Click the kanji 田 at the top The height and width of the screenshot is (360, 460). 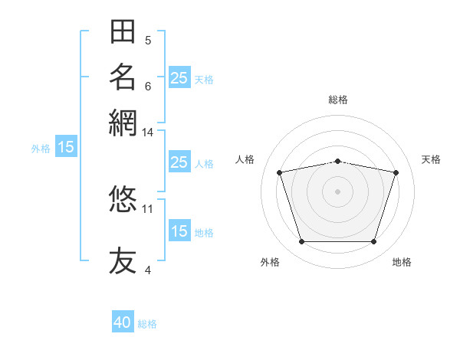point(123,31)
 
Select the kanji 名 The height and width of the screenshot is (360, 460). point(123,77)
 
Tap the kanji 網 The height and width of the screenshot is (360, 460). point(123,123)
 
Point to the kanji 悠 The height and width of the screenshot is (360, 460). point(123,198)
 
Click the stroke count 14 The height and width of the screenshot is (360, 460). point(147,133)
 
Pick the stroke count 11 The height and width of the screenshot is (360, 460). point(147,209)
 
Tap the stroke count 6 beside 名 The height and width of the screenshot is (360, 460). point(148,87)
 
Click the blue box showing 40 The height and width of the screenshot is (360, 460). point(123,321)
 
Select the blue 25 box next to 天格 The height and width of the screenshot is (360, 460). point(179,77)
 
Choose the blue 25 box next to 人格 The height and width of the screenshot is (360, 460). point(179,162)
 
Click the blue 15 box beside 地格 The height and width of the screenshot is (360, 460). point(179,230)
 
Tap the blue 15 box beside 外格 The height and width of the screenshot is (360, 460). point(66,146)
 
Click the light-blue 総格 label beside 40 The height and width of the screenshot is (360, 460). point(147,324)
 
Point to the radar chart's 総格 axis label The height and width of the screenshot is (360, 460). point(338,100)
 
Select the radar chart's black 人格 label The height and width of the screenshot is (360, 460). point(245,159)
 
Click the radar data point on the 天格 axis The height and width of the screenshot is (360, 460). point(396,172)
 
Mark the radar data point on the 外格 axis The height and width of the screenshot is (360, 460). point(302,242)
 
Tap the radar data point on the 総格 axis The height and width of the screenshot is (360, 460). point(338,162)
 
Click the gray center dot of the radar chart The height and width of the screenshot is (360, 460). point(337,191)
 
